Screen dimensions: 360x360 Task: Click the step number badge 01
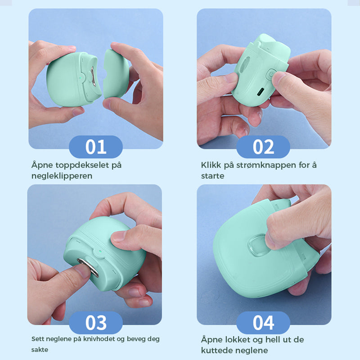[x=96, y=147]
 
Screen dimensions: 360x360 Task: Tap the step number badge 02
[x=263, y=147]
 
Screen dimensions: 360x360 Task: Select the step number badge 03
[x=96, y=323]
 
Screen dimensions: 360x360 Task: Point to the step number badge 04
[x=263, y=323]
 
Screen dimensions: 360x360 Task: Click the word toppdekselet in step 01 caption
[x=82, y=165]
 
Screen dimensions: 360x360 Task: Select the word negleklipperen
[x=62, y=176]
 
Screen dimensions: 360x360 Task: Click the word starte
[x=212, y=176]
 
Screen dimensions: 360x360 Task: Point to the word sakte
[x=40, y=350]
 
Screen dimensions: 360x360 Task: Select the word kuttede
[x=216, y=351]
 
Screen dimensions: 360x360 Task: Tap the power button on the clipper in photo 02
[x=272, y=75]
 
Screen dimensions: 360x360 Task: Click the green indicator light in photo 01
[x=80, y=77]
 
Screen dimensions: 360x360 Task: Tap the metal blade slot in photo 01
[x=93, y=76]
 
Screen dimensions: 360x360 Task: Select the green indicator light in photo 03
[x=99, y=252]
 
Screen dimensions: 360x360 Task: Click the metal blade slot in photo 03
[x=88, y=267]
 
